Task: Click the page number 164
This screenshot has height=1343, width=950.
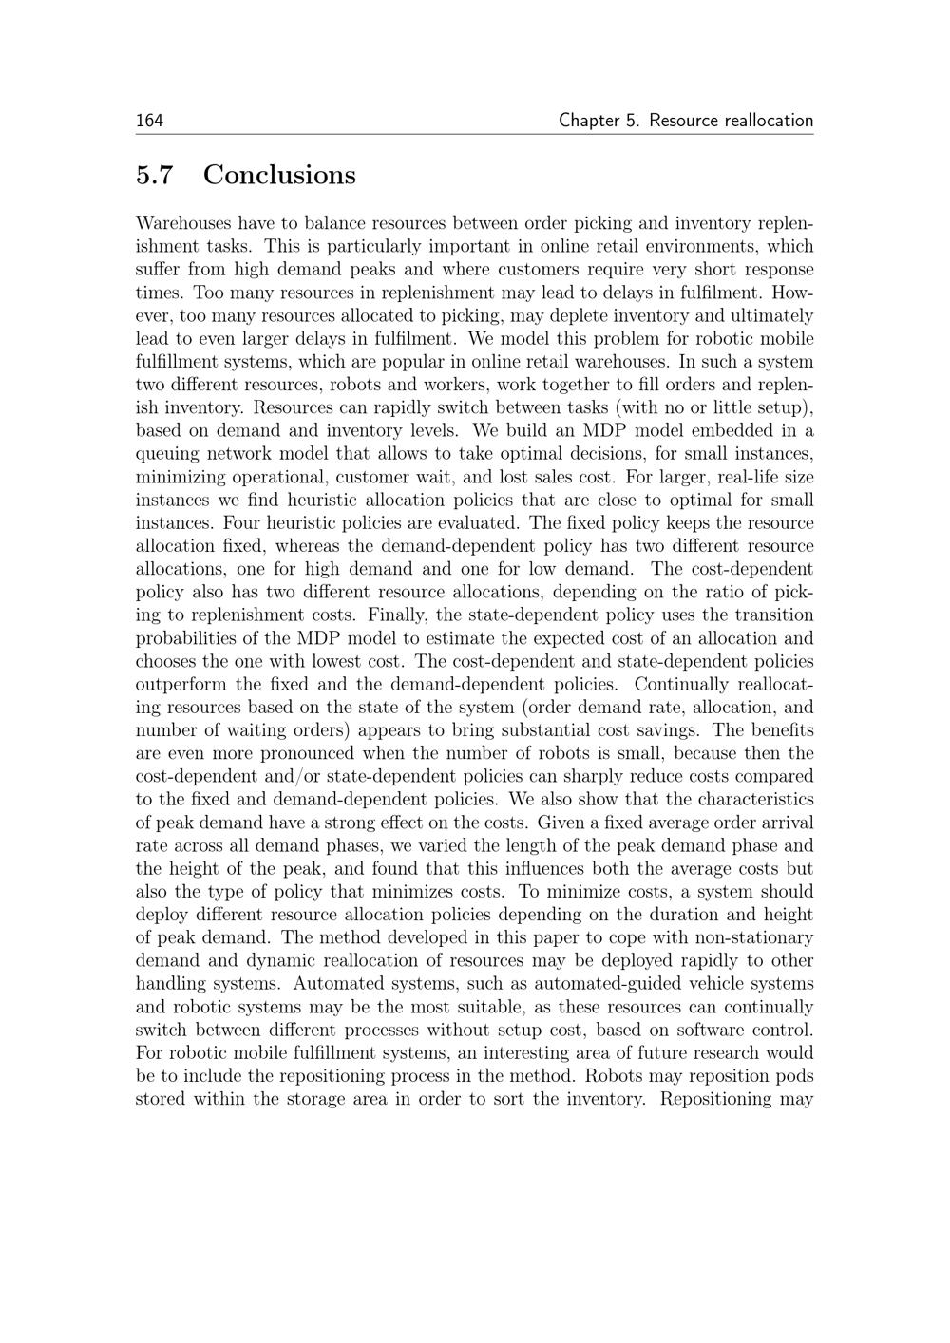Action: point(149,121)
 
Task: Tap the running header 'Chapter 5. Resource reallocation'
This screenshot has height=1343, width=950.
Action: point(685,121)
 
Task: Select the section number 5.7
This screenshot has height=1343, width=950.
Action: point(155,175)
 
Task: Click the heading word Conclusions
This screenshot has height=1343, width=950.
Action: point(279,175)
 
